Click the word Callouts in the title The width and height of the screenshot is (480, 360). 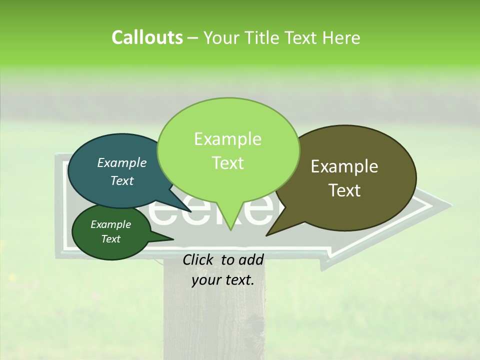coord(147,38)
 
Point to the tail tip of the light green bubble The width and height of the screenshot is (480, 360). coord(230,230)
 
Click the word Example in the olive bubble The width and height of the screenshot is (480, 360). coord(344,167)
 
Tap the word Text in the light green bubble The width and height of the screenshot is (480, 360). coord(228,163)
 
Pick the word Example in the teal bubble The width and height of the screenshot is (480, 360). coord(122,163)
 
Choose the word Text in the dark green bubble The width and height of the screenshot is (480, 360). coord(111,239)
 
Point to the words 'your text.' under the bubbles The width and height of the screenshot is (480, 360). coord(223,280)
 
